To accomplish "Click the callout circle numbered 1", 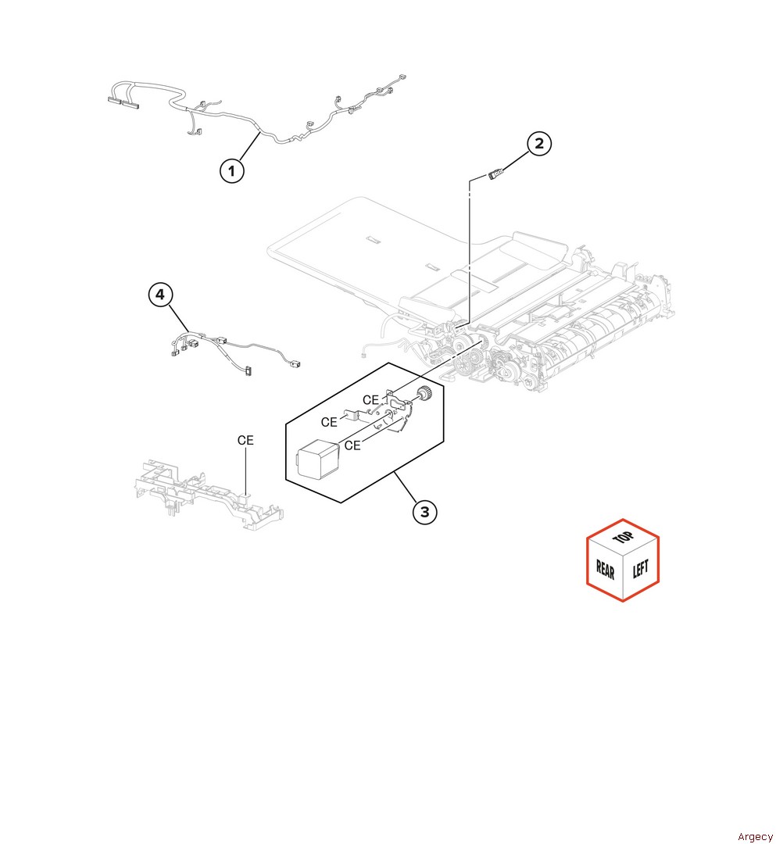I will [231, 170].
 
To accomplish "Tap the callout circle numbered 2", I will [538, 143].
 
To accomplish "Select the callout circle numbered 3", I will [424, 512].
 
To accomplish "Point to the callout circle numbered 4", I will [159, 295].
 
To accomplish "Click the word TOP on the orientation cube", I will [623, 539].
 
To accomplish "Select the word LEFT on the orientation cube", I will [640, 568].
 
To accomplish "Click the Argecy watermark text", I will [754, 837].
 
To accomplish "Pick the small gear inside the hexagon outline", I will [424, 394].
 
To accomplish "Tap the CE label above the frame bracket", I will [245, 441].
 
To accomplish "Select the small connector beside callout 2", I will [495, 174].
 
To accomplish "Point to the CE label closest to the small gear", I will [370, 400].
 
